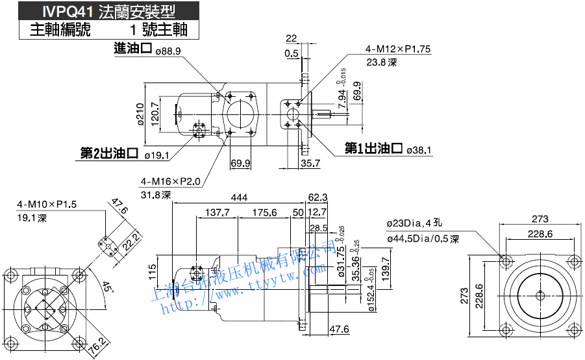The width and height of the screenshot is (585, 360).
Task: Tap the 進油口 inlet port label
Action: click(x=132, y=48)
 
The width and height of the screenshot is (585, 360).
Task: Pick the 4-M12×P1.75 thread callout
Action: click(x=398, y=49)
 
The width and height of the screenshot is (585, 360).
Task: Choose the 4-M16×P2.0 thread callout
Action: click(x=171, y=182)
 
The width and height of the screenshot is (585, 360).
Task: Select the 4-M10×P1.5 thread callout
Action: click(x=47, y=204)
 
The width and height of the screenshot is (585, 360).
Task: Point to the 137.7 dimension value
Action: click(x=218, y=212)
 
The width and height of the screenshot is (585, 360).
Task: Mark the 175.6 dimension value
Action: click(x=264, y=212)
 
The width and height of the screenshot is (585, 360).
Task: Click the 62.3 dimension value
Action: click(x=317, y=197)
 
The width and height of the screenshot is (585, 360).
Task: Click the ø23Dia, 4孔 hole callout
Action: click(x=412, y=223)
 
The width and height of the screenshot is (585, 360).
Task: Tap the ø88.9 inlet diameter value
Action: click(x=168, y=51)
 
